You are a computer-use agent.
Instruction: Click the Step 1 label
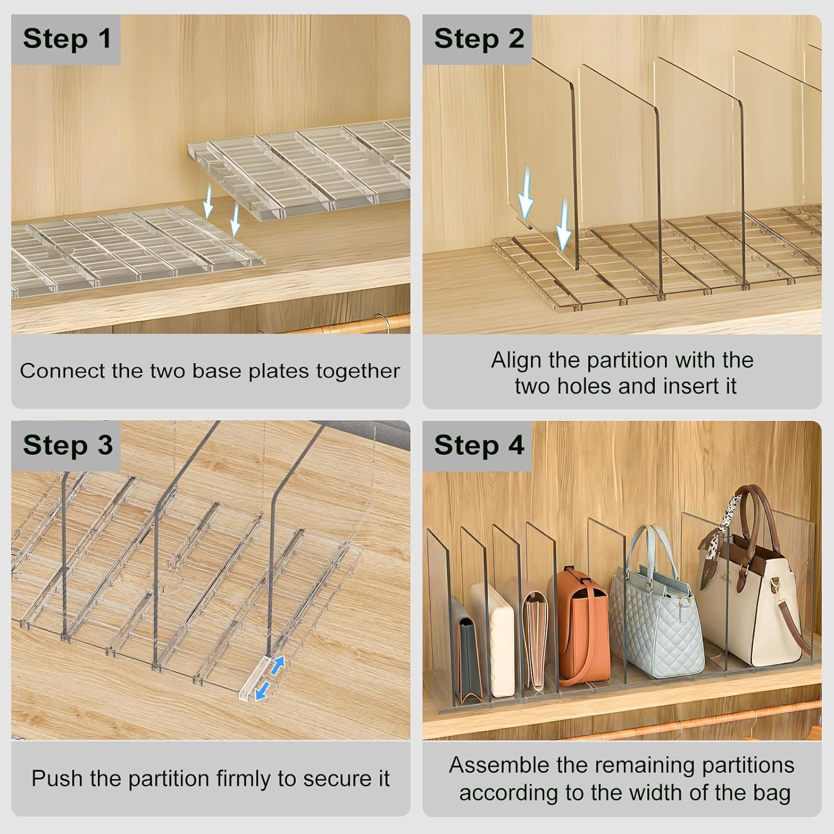tap(67, 39)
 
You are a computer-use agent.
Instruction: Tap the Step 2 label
tap(479, 39)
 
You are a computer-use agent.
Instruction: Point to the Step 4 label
tap(479, 445)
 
